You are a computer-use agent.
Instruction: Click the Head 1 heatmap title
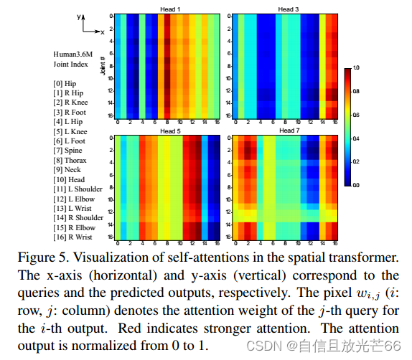coord(169,9)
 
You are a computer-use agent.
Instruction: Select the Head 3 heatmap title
coord(285,9)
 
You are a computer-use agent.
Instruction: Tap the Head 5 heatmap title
coord(169,132)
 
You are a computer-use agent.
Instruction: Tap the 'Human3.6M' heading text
coord(71,54)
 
